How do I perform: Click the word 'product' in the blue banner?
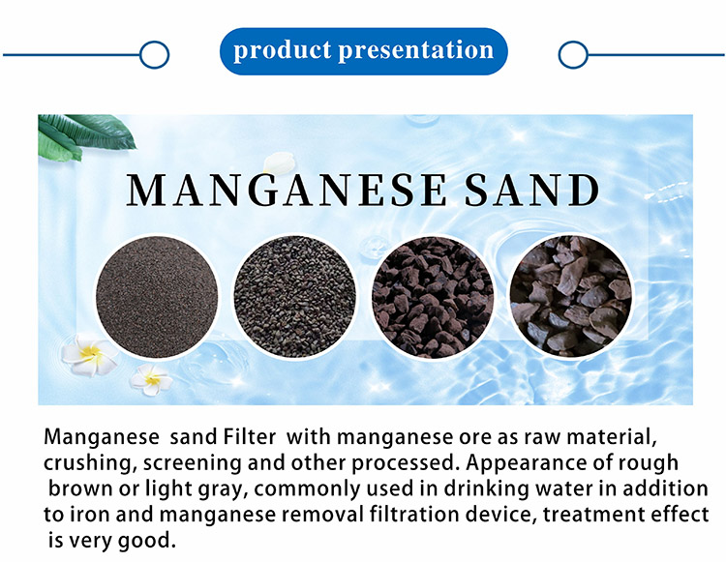[283, 50]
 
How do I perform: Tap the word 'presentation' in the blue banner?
[416, 50]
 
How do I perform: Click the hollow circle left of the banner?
[155, 54]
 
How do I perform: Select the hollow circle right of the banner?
[573, 54]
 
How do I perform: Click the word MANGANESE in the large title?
[287, 190]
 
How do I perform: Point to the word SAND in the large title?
[532, 190]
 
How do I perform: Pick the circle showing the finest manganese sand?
[157, 297]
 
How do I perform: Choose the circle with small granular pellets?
[295, 297]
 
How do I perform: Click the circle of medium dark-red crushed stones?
[433, 297]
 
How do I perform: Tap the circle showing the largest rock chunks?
[571, 297]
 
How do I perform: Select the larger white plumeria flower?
[90, 355]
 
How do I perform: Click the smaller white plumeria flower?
[151, 379]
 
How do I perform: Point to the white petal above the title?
[279, 163]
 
